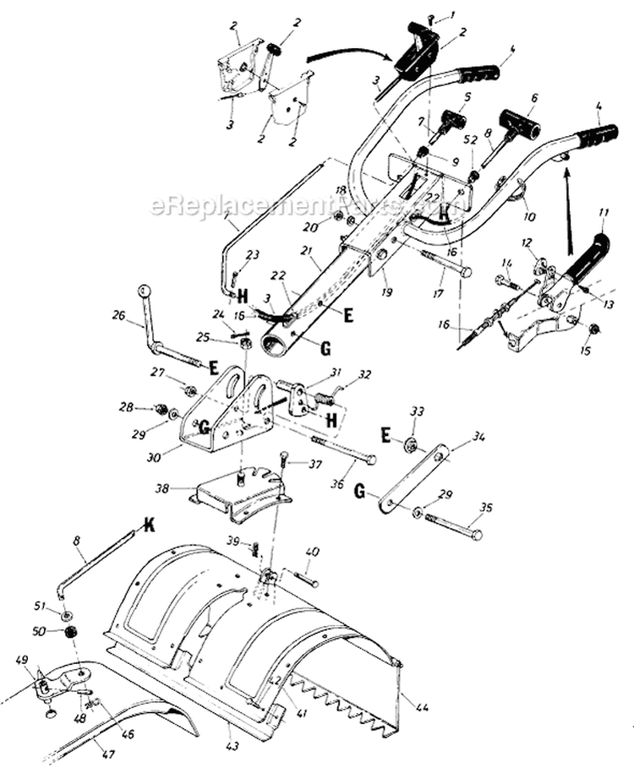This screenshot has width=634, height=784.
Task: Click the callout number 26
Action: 117,316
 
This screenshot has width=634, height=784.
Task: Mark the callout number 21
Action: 306,253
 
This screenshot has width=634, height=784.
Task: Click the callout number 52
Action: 471,139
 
